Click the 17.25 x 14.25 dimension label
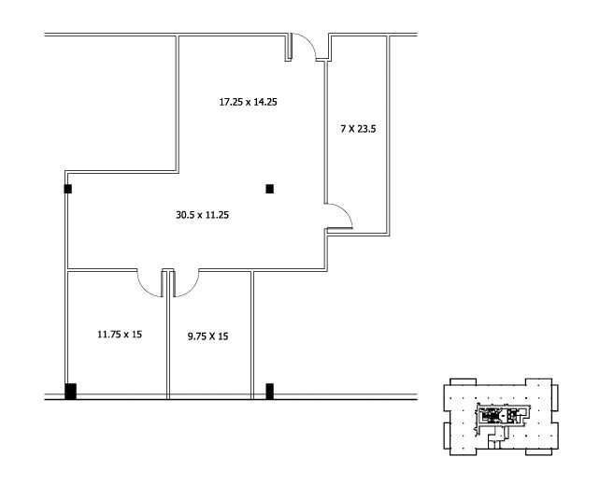click(x=248, y=102)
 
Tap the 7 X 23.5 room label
click(x=357, y=129)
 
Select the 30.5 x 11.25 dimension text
click(x=203, y=215)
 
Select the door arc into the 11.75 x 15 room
click(x=150, y=283)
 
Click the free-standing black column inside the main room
click(x=270, y=189)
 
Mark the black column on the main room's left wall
click(x=67, y=189)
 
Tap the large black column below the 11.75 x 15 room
click(x=70, y=391)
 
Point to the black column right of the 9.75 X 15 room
click(x=270, y=391)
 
